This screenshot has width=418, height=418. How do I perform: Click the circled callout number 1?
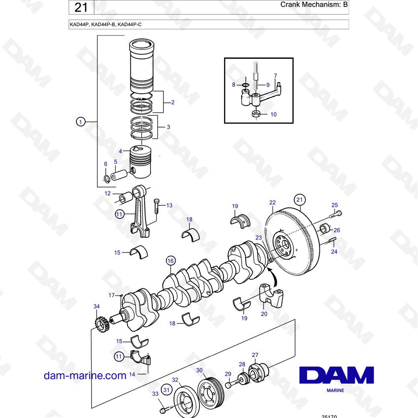click(x=81, y=122)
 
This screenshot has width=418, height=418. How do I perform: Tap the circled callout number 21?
click(x=300, y=200)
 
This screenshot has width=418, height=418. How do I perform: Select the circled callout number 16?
click(x=171, y=261)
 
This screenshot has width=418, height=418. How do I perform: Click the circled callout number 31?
click(x=166, y=390)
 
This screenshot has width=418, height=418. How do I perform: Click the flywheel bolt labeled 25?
click(x=336, y=214)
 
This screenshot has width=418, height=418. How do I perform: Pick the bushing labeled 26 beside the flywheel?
click(x=325, y=229)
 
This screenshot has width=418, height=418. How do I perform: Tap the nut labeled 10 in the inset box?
click(x=256, y=114)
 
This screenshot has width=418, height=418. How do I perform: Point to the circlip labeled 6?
click(x=106, y=179)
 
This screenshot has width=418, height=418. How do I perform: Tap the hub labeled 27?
click(x=258, y=373)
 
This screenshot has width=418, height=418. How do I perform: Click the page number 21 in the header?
click(x=81, y=7)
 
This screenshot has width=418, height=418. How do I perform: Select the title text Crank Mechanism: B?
click(x=314, y=5)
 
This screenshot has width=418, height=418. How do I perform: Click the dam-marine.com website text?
click(x=85, y=375)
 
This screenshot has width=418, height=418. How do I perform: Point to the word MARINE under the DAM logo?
click(x=335, y=390)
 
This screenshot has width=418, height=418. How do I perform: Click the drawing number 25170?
click(x=329, y=416)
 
